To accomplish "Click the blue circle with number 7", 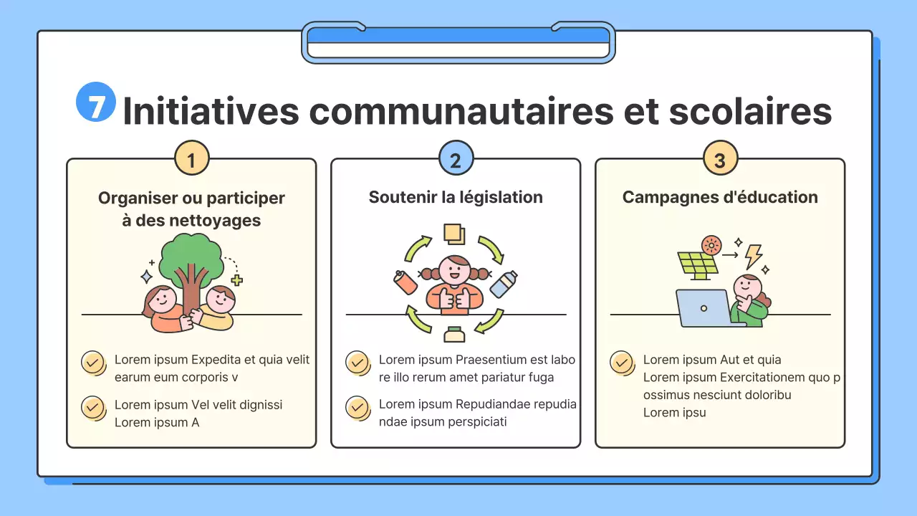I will point(96,102).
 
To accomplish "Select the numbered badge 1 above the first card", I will point(192,158).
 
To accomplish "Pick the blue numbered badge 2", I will point(456,158).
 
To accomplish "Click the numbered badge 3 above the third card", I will point(720,158).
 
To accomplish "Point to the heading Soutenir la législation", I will point(456,197).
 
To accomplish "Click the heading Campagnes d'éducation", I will point(720,197).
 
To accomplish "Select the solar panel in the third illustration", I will point(697,265).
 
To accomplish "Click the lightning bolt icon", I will point(753,256).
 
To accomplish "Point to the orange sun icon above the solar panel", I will point(711,245).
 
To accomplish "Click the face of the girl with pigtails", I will point(453,271).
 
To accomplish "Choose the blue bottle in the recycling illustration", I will point(503,284).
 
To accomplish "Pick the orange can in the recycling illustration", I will point(405,282).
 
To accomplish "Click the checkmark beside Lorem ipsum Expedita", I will point(92,362).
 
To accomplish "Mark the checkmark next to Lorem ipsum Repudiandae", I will point(357,407).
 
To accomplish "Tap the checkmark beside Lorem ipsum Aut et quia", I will point(621,362).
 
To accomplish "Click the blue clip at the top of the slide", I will point(458,42).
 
